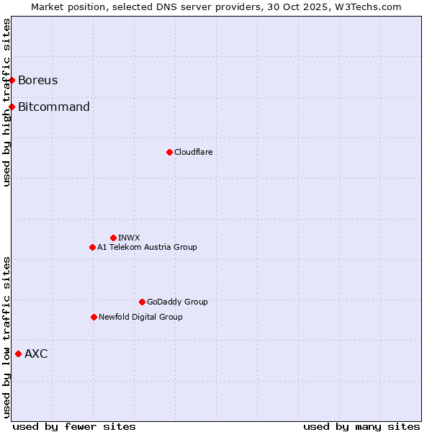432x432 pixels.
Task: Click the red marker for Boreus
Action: click(x=12, y=80)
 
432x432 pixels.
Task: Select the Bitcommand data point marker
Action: click(x=12, y=107)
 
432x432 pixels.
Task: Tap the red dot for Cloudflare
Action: click(x=169, y=152)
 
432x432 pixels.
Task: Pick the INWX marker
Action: click(x=113, y=238)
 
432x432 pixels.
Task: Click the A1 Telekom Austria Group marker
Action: click(x=92, y=247)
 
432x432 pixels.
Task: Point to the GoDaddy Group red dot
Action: click(x=142, y=302)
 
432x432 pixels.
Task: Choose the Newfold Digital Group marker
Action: click(x=94, y=317)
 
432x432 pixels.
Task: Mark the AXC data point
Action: click(x=18, y=354)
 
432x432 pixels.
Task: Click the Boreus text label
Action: click(x=38, y=80)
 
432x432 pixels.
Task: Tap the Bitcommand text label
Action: click(x=54, y=107)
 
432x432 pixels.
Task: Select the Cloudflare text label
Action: click(x=194, y=152)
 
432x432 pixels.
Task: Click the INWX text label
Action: click(x=129, y=238)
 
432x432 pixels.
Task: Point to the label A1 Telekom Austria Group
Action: click(x=147, y=247)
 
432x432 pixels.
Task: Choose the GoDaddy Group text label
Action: click(x=177, y=302)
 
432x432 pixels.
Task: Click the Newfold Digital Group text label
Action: click(x=140, y=317)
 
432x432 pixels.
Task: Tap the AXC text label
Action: click(x=36, y=354)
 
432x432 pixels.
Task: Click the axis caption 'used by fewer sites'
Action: click(x=74, y=426)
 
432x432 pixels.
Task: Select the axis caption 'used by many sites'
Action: click(x=361, y=426)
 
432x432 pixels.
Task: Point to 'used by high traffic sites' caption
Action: click(x=6, y=102)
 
